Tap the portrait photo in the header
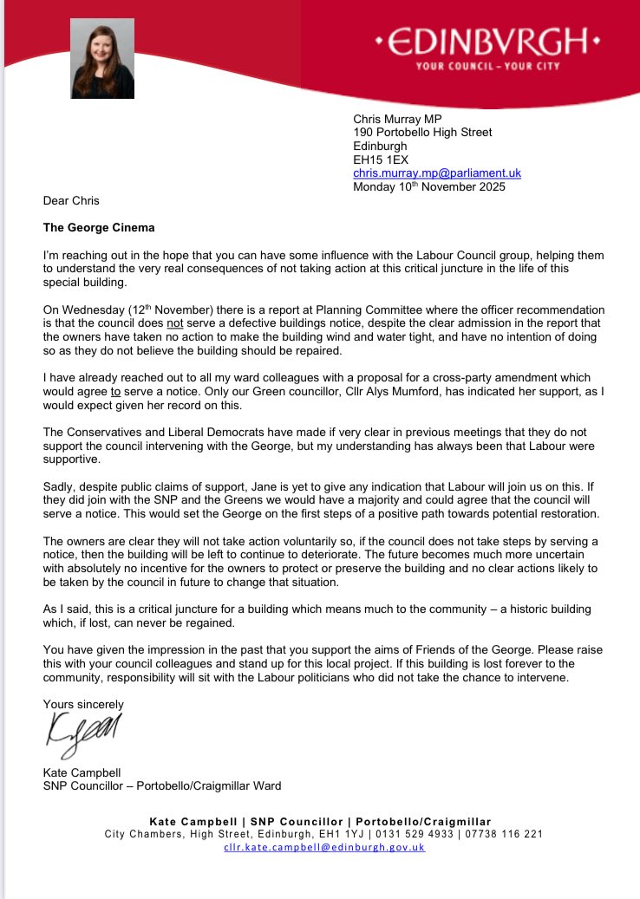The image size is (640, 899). pyautogui.click(x=103, y=58)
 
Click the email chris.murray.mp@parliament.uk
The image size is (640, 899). pyautogui.click(x=437, y=173)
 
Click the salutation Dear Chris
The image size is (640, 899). pyautogui.click(x=71, y=201)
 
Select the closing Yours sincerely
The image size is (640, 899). pyautogui.click(x=83, y=704)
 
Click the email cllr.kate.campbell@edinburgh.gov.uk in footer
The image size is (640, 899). pyautogui.click(x=323, y=847)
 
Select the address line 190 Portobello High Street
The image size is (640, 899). pyautogui.click(x=422, y=133)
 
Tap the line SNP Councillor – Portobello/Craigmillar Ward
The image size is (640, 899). pyautogui.click(x=162, y=786)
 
